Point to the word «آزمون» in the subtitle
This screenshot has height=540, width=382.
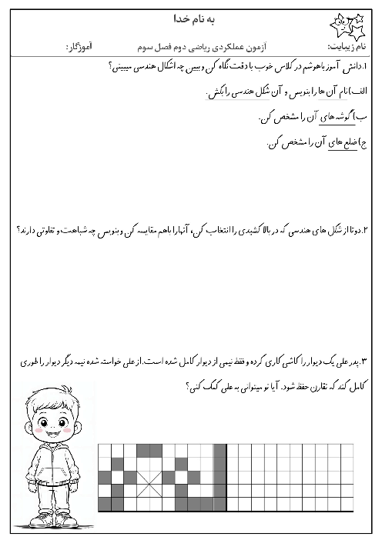[x=260, y=48]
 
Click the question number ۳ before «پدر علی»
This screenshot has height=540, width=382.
[x=366, y=360]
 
